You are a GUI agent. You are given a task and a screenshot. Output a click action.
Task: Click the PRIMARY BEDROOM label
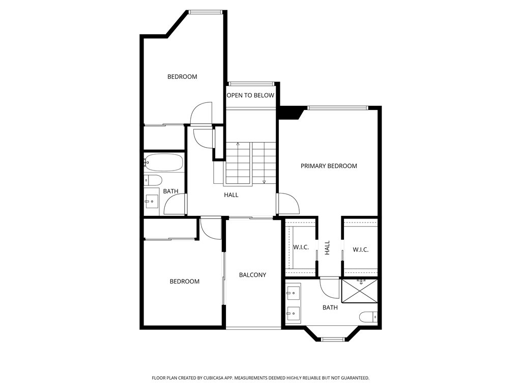point(329,166)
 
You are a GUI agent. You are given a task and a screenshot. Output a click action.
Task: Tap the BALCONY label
point(252,275)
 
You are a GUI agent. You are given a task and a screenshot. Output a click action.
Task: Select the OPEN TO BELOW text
point(250,95)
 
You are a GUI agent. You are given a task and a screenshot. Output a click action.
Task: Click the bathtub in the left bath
point(163,163)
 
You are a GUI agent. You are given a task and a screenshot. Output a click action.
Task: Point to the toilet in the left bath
point(153,180)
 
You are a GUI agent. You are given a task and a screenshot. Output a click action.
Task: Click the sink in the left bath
point(152,202)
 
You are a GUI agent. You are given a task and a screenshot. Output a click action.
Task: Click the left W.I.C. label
point(301,247)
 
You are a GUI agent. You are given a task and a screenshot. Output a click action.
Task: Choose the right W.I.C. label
point(360,249)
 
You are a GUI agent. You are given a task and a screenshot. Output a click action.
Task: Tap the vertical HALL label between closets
point(328,248)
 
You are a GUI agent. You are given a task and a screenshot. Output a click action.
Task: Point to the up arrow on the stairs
point(238,146)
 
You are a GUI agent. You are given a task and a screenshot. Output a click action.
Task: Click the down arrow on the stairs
point(264,181)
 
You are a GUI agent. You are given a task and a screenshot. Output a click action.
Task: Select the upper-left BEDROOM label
point(182,77)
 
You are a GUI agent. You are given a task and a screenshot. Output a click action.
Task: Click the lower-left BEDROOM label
point(184,282)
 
